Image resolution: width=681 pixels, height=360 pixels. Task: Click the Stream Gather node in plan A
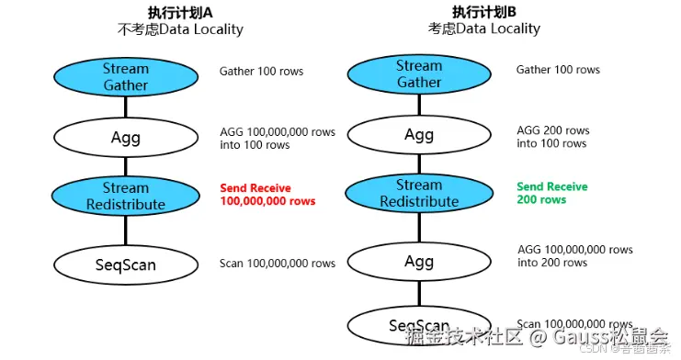point(126,77)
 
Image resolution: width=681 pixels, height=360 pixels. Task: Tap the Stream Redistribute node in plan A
point(126,197)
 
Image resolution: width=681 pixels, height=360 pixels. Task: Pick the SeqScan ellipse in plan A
point(126,264)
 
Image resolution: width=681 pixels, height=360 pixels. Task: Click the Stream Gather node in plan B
point(418,74)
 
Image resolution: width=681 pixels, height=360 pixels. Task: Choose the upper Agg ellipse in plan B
point(418,135)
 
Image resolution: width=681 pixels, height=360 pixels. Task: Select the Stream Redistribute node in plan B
point(418,194)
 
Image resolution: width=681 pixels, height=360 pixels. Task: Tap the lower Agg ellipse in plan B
point(418,262)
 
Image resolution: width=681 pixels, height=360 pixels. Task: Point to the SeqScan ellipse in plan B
point(418,325)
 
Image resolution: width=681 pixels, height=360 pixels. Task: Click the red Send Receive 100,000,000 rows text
point(267,195)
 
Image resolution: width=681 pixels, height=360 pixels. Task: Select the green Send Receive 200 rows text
point(551,193)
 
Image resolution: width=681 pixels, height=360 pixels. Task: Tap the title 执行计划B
point(484,12)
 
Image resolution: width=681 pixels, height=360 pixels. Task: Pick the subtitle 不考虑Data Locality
point(181,29)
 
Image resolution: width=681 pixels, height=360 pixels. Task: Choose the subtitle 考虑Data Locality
point(484,28)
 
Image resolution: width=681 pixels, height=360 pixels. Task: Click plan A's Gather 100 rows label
point(261,72)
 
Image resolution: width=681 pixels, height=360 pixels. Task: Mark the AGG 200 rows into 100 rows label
point(552,137)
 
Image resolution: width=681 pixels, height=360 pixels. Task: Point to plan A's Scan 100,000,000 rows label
point(278,264)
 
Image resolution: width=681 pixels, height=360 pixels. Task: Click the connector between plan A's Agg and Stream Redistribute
point(126,166)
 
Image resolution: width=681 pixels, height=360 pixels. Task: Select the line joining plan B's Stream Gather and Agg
point(418,105)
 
